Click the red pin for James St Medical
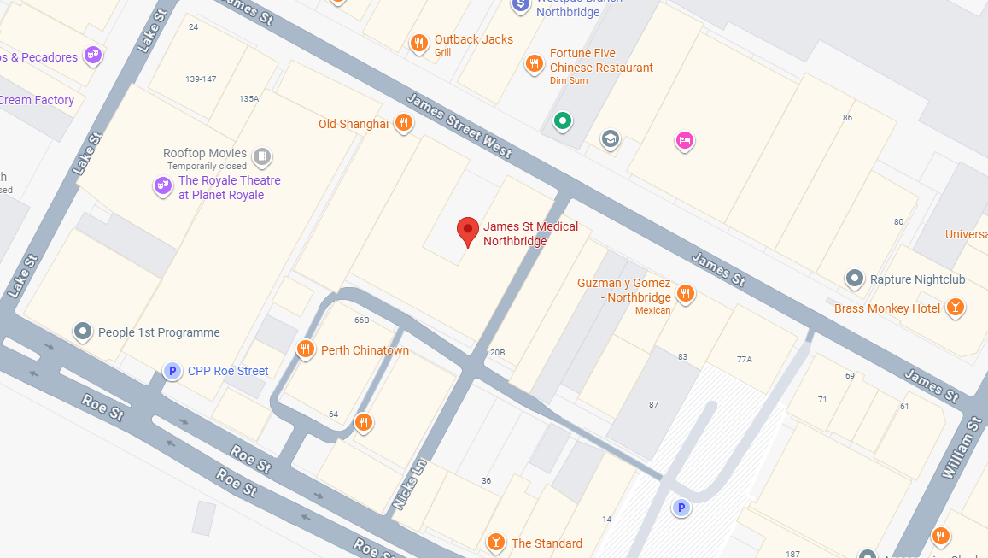point(467,229)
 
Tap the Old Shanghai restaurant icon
point(404,123)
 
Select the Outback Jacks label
point(473,39)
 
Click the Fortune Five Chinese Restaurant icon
point(534,62)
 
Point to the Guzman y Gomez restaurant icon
point(685,294)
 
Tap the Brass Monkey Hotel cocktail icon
point(956,308)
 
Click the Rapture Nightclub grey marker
point(854,278)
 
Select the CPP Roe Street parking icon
point(172,371)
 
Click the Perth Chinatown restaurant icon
point(305,349)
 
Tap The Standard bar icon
point(495,542)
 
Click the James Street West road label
point(459,125)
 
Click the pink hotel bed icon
point(684,139)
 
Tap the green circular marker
point(562,120)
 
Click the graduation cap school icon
point(610,138)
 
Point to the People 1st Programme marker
point(83,331)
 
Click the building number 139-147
point(201,79)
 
